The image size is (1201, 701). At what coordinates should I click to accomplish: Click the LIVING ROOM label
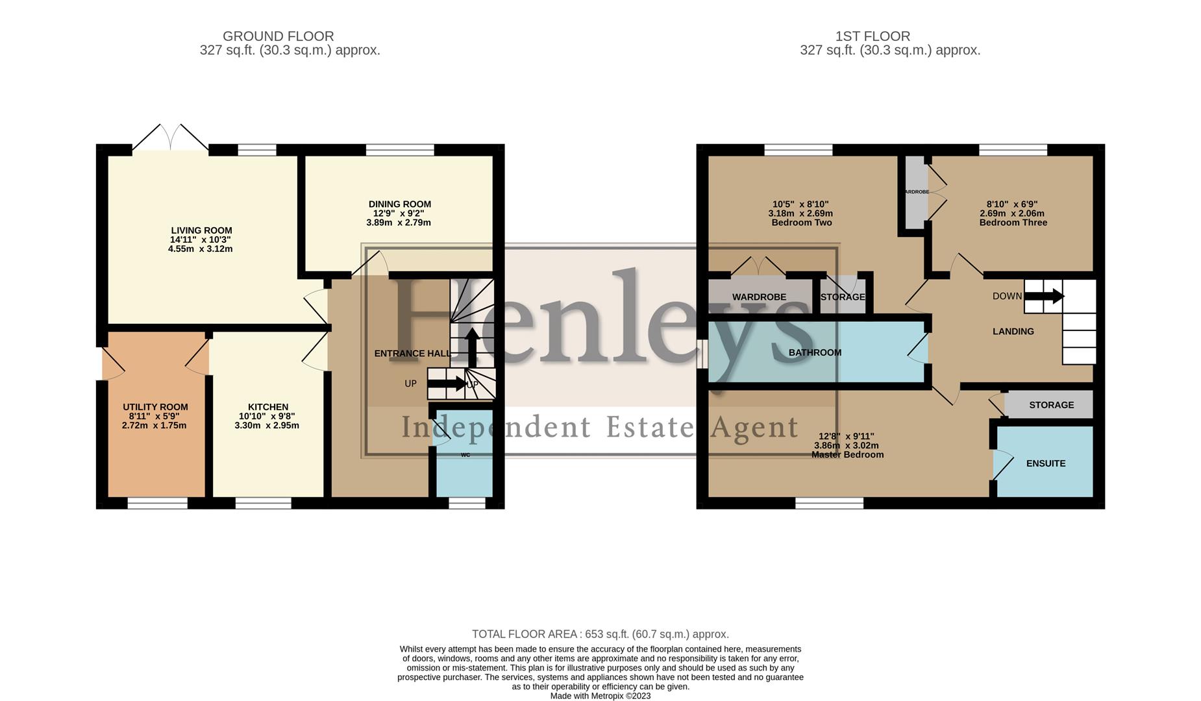(201, 230)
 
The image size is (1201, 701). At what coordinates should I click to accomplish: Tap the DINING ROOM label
(399, 204)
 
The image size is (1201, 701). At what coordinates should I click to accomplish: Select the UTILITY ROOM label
(155, 407)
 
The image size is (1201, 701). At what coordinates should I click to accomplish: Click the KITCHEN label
(267, 407)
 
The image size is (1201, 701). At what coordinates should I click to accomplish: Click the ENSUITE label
(1045, 463)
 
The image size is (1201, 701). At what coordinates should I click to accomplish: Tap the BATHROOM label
(815, 352)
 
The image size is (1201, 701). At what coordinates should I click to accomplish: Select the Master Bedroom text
(847, 455)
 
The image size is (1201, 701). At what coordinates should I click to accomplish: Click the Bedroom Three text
(1013, 223)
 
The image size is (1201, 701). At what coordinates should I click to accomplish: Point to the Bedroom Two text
(801, 223)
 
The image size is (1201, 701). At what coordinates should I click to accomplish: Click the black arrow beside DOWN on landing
(1044, 297)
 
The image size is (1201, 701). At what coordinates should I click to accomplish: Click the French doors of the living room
(170, 138)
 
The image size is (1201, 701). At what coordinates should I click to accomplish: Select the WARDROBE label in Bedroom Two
(759, 297)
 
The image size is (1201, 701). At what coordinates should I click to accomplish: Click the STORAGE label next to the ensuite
(1051, 405)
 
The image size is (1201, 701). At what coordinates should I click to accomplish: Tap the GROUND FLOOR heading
(278, 36)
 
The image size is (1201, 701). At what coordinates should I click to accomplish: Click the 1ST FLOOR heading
(873, 36)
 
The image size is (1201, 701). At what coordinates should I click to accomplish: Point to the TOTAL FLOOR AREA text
(600, 634)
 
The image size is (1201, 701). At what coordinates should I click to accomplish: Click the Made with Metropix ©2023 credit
(600, 696)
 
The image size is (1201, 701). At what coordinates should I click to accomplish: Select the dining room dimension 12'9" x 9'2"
(399, 213)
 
